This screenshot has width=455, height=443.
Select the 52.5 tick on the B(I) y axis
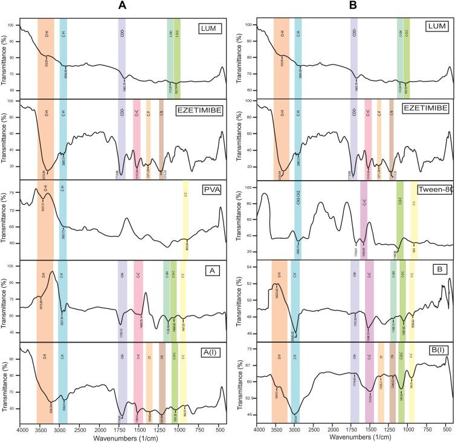click(x=247, y=398)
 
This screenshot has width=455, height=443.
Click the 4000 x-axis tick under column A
click(x=22, y=430)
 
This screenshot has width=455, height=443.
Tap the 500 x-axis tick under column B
click(x=446, y=430)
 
